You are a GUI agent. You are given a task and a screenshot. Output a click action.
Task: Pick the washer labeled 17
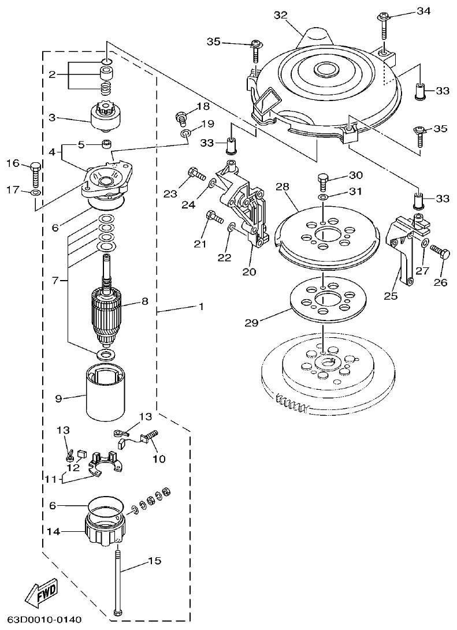click(35, 192)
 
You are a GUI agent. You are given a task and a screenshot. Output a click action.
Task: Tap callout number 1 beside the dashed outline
click(201, 307)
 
